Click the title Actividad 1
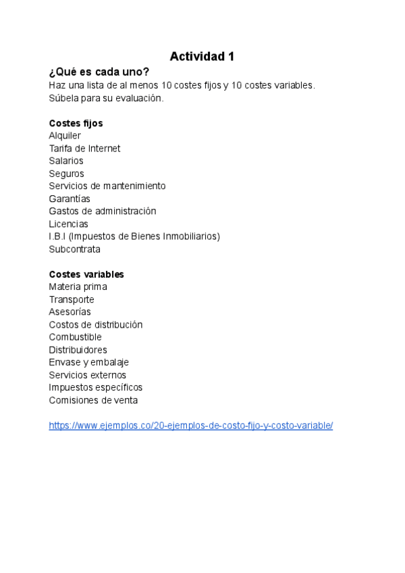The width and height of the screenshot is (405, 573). pyautogui.click(x=202, y=57)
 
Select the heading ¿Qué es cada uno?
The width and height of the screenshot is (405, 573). pyautogui.click(x=99, y=72)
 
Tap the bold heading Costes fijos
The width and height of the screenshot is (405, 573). pyautogui.click(x=76, y=124)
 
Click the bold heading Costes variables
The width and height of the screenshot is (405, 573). pyautogui.click(x=86, y=274)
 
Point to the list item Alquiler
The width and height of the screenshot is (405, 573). pyautogui.click(x=65, y=136)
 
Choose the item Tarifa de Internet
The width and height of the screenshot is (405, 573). pyautogui.click(x=84, y=149)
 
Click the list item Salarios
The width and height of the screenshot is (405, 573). pyautogui.click(x=66, y=161)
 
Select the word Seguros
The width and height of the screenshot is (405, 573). pyautogui.click(x=66, y=174)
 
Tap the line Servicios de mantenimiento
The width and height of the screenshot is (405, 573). pyautogui.click(x=107, y=186)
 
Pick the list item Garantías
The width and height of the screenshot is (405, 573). pyautogui.click(x=70, y=199)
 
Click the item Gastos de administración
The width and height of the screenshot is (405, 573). pyautogui.click(x=102, y=211)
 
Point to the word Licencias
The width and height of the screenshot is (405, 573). pyautogui.click(x=68, y=224)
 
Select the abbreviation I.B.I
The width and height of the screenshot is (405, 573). pyautogui.click(x=57, y=236)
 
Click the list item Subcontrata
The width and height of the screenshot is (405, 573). pyautogui.click(x=74, y=249)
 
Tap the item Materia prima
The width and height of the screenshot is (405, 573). pyautogui.click(x=78, y=287)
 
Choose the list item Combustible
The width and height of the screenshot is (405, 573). pyautogui.click(x=75, y=337)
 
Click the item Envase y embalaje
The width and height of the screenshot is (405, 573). pyautogui.click(x=88, y=362)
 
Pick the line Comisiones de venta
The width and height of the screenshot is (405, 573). pyautogui.click(x=93, y=400)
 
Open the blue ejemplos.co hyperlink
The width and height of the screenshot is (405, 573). pyautogui.click(x=191, y=426)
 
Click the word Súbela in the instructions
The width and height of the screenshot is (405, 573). pyautogui.click(x=64, y=98)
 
